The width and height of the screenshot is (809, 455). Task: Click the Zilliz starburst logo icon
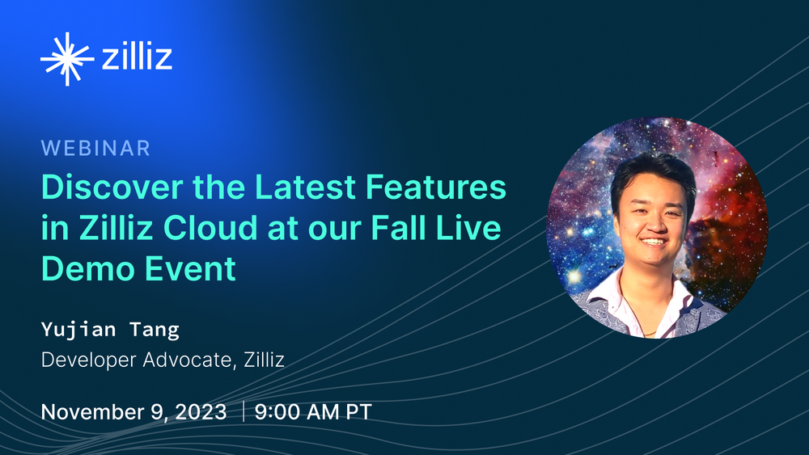[x=67, y=59]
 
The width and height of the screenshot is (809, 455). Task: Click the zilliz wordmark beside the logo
[x=137, y=56]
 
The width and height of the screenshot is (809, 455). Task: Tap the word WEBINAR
[x=95, y=149]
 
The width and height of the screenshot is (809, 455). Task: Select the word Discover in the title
[x=112, y=187]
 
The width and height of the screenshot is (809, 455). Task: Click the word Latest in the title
[x=305, y=187]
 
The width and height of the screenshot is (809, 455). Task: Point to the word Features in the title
[x=436, y=187]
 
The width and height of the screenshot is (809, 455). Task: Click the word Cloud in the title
[x=210, y=227]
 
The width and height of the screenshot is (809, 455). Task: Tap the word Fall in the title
[x=399, y=227]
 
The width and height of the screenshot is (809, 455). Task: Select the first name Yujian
[x=78, y=330]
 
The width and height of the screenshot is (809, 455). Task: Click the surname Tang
[x=155, y=330]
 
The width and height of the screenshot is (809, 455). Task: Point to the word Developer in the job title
[x=88, y=360]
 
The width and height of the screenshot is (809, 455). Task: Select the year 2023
[x=201, y=411]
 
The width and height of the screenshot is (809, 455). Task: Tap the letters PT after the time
[x=359, y=411]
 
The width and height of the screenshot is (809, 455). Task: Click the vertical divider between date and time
[x=243, y=411]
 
